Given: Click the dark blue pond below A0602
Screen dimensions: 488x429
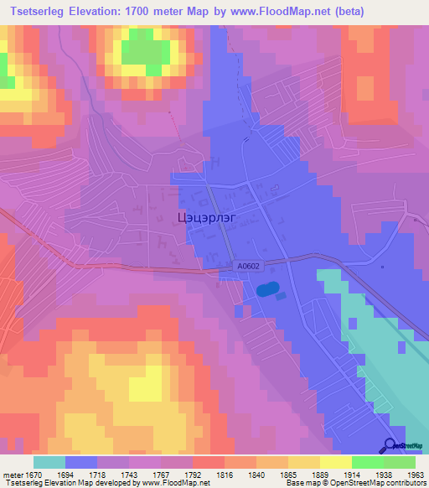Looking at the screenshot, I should [x=267, y=290].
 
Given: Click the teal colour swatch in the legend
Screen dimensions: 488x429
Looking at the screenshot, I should [x=49, y=461].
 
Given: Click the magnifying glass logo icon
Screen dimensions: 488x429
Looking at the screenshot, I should [x=390, y=445].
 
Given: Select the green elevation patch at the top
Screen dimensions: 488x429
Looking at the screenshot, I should [x=144, y=52].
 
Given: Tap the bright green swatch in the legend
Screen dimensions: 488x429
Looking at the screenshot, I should [x=367, y=461].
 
